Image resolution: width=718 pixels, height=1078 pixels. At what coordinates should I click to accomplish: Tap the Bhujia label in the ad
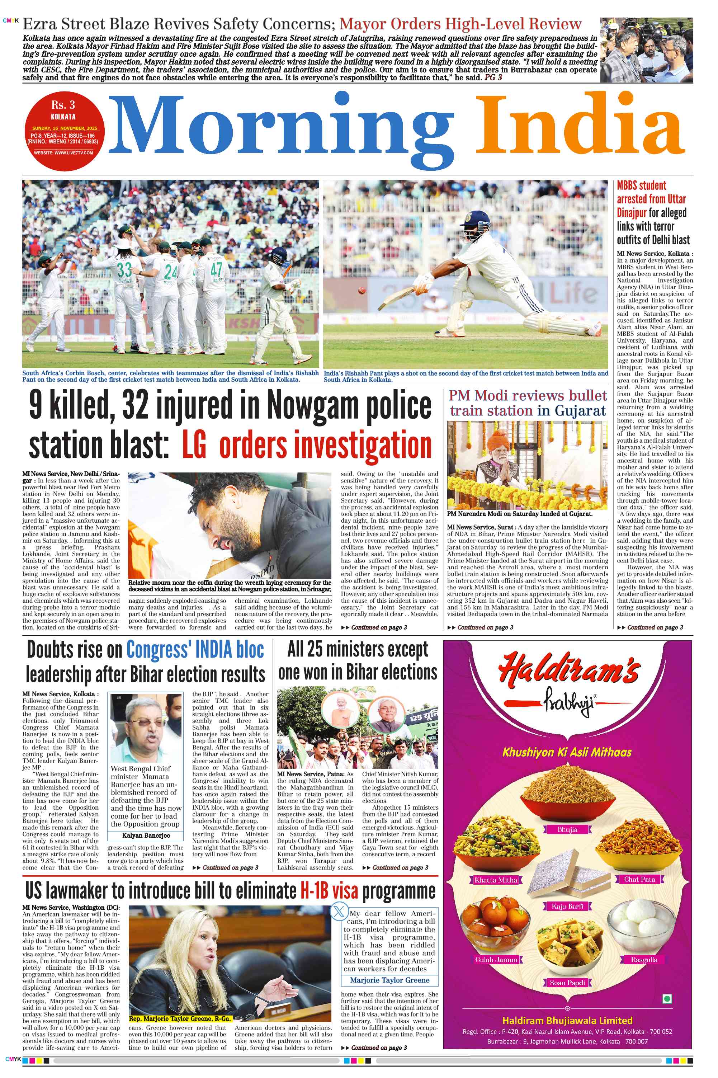567,829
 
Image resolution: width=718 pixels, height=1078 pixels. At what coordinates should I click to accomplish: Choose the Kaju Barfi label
567,906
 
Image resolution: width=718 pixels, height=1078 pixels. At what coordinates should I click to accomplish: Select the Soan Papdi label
567,982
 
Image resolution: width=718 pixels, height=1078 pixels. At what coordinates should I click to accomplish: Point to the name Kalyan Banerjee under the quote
146,835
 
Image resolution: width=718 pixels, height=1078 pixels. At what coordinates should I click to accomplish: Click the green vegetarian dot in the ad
667,998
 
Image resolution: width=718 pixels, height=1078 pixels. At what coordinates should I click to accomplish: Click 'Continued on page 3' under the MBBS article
655,627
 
